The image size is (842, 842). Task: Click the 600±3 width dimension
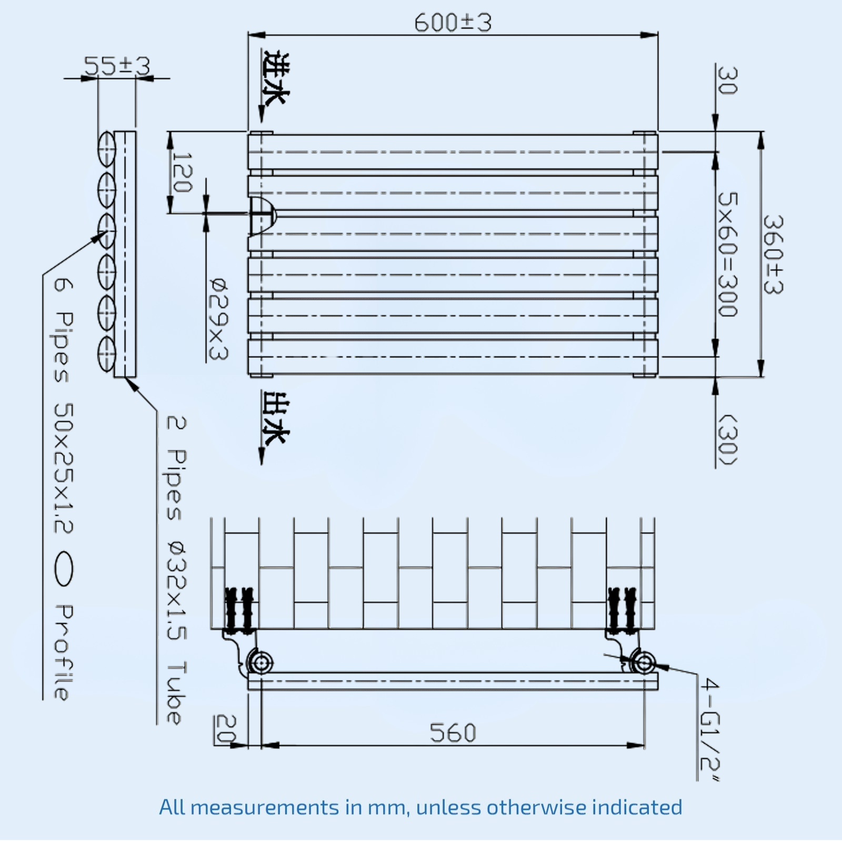point(453,23)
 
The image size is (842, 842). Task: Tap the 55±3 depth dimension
point(117,66)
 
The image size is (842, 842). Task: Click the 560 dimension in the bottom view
point(453,733)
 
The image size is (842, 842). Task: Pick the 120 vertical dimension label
point(182,173)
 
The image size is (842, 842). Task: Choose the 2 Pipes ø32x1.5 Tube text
point(175,571)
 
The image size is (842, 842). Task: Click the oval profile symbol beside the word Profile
point(64,568)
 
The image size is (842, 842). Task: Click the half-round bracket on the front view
point(262,216)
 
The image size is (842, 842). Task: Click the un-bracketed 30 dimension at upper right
point(727,81)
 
